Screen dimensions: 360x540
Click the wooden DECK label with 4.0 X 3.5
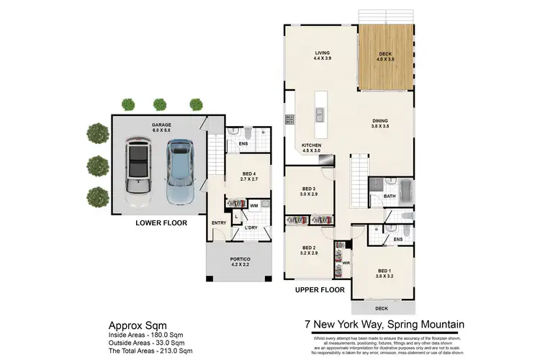(387, 55)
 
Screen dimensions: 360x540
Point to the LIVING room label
(322, 55)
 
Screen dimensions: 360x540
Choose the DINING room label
(380, 123)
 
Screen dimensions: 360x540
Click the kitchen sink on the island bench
(320, 115)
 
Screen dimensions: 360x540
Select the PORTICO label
(239, 260)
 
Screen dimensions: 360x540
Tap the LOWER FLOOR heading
(161, 223)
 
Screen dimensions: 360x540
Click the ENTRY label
(219, 222)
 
